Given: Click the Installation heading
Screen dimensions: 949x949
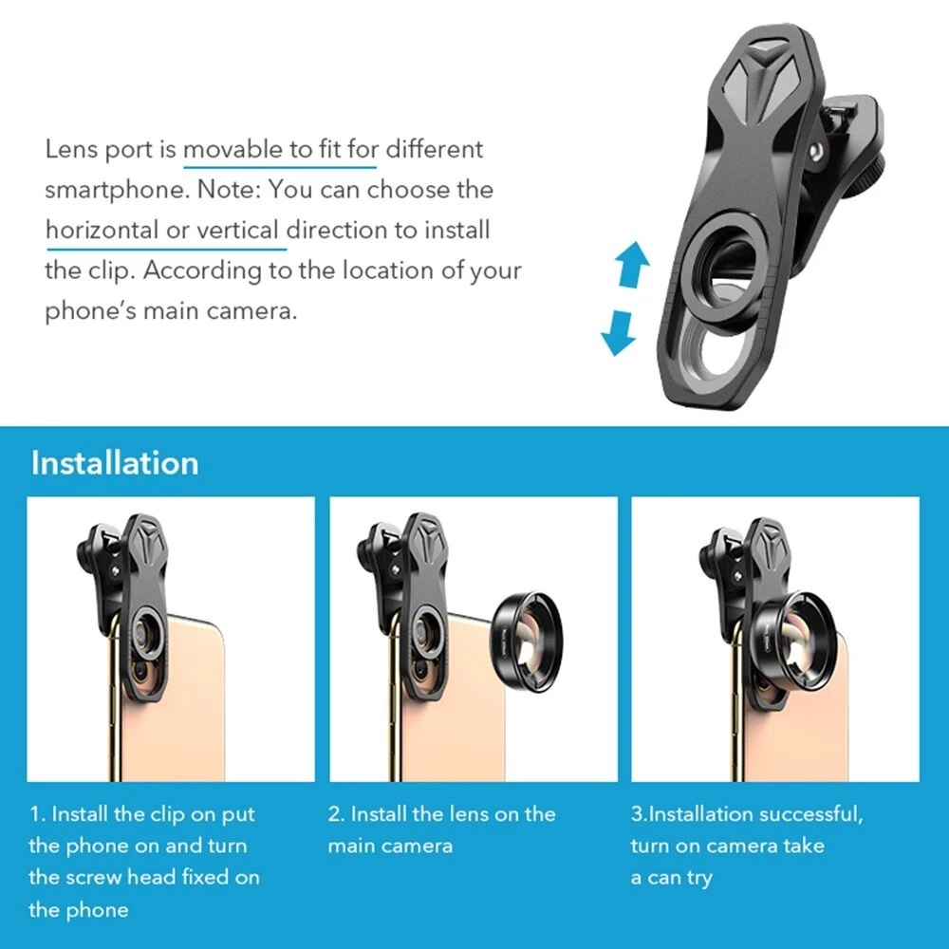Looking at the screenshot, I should pyautogui.click(x=115, y=463).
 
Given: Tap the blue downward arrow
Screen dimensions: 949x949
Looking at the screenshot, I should pyautogui.click(x=619, y=333).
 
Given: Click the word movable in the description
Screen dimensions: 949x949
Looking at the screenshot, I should pyautogui.click(x=233, y=149).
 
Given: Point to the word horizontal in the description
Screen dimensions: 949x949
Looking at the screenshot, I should pyautogui.click(x=103, y=230).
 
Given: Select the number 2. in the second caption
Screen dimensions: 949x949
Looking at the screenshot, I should pyautogui.click(x=336, y=814).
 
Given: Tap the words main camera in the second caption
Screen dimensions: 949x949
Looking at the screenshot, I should pyautogui.click(x=390, y=846).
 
